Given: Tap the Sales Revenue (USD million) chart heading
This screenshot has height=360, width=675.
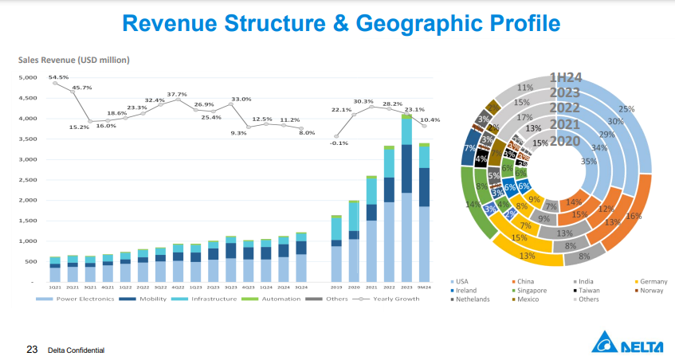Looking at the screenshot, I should pos(73,60).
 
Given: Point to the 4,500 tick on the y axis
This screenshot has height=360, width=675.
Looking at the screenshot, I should pos(28,98).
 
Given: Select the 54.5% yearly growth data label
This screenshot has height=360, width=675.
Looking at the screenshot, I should pos(58,77).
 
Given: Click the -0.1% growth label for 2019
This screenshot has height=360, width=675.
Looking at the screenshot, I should pos(339,143).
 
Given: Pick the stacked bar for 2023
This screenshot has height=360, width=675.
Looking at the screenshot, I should pos(406,198).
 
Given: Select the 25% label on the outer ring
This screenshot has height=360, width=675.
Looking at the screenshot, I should pos(626,109).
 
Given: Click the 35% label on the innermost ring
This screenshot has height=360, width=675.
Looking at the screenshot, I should pos(588,161).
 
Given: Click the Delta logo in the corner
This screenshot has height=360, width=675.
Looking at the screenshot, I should pos(630,344).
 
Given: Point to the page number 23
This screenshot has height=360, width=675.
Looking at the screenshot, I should pos(33,349).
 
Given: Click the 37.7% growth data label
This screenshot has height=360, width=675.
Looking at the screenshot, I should pos(176,94).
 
